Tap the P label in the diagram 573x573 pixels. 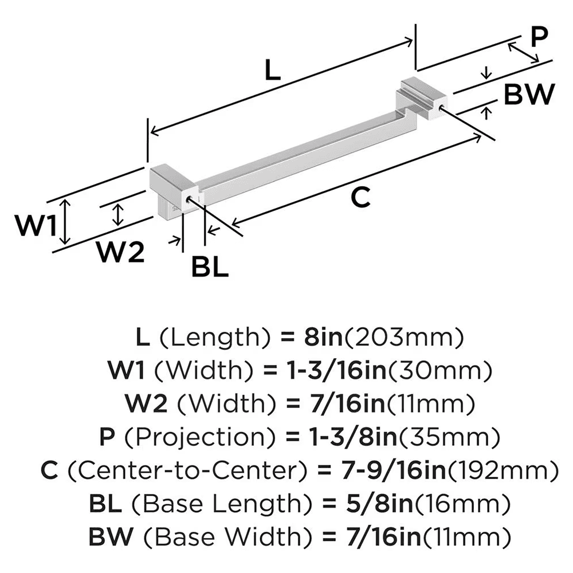click(539, 38)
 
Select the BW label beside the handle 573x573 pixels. click(529, 95)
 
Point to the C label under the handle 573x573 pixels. click(360, 198)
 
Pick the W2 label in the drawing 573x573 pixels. click(119, 252)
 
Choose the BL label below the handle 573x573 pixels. click(210, 266)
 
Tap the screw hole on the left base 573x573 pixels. click(189, 199)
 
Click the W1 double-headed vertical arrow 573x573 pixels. click(66, 221)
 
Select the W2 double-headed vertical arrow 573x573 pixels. click(118, 214)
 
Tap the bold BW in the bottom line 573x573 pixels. click(111, 537)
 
